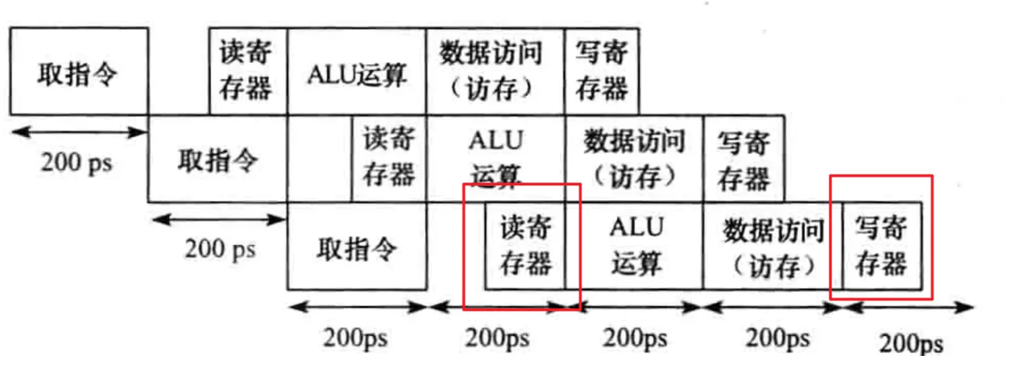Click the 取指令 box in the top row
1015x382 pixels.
coord(79,71)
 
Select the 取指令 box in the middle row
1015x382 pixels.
coord(217,158)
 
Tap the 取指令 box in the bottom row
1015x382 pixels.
coord(357,246)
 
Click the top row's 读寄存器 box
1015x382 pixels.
coord(248,71)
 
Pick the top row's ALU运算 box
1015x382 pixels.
coord(357,71)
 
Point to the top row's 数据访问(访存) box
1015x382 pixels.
coord(495,71)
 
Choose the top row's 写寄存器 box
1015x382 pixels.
coord(602,71)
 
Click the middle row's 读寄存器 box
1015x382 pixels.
coord(389,158)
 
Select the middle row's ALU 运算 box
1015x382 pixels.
coord(495,158)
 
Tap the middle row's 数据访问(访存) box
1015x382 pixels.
coord(634,158)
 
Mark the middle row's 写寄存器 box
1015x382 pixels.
coord(744,158)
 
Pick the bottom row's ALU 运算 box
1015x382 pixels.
coord(634,246)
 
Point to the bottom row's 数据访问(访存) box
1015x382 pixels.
coord(773,246)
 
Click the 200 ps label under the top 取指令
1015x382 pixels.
coord(77,162)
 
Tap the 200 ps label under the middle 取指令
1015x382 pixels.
coord(220,249)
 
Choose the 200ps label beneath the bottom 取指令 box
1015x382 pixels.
coord(356,338)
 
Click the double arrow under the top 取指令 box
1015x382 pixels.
coord(79,132)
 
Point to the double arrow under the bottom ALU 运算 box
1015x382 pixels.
coord(634,307)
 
